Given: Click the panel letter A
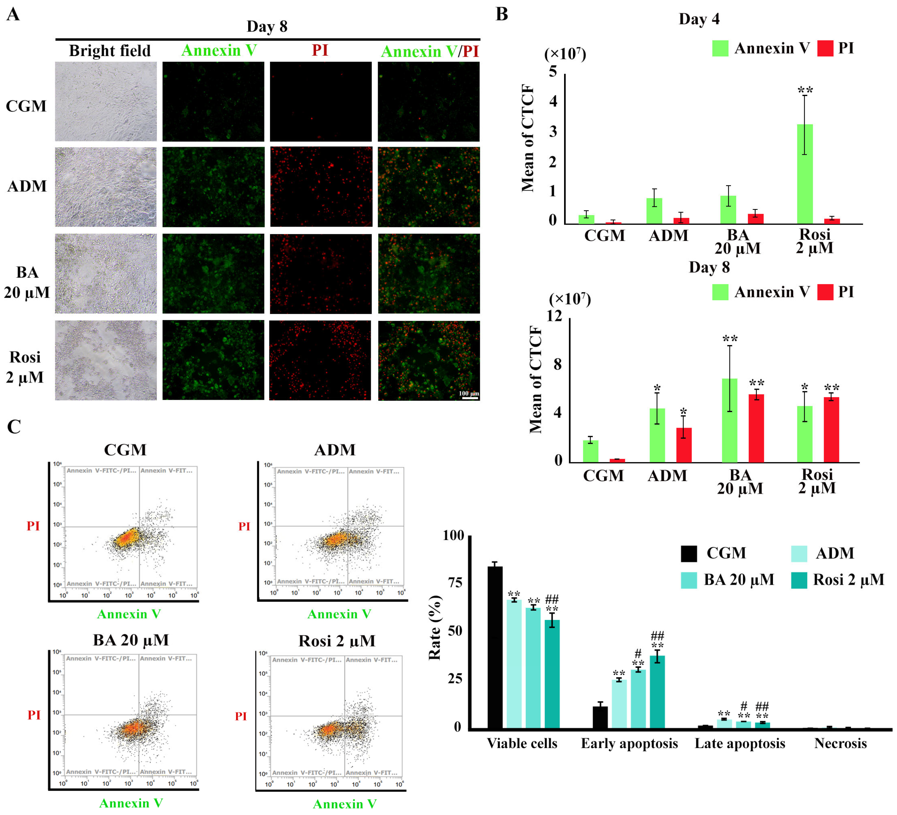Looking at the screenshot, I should coord(13,14).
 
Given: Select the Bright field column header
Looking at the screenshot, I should coord(109,51).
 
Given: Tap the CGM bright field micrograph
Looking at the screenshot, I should coord(106,101).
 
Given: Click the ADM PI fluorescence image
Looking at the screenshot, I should coord(321,187).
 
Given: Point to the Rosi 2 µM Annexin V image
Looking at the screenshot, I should coord(213,360).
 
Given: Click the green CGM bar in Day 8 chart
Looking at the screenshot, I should coord(590,451).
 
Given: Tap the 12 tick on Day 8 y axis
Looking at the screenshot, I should coord(554,316).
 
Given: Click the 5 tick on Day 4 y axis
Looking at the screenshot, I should coord(553,72).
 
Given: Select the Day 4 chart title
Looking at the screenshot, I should coord(699,19).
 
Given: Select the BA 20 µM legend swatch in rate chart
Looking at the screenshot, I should coord(688,580).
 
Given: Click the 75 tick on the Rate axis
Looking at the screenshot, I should coord(454,583).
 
